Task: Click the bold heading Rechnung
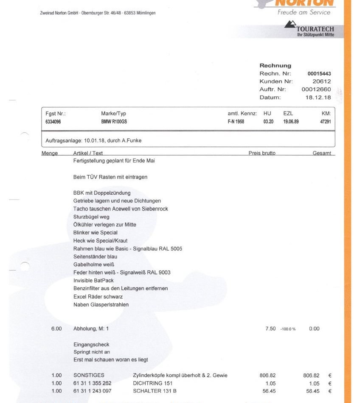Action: click(x=275, y=66)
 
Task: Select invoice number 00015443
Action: click(x=319, y=74)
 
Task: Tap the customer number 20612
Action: click(x=321, y=81)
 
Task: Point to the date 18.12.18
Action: click(x=318, y=98)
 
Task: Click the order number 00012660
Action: click(x=316, y=90)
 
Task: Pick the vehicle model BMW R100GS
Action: click(x=114, y=122)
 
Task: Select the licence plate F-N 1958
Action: click(x=236, y=122)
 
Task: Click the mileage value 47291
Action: click(x=325, y=122)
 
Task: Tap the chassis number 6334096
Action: click(x=53, y=122)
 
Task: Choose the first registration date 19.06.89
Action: click(x=291, y=122)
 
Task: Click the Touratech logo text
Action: click(x=315, y=29)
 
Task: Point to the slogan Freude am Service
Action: click(x=304, y=12)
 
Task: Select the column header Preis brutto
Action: click(x=262, y=153)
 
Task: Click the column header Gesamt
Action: click(x=322, y=153)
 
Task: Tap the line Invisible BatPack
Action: click(x=93, y=280)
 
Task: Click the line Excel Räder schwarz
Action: click(x=98, y=297)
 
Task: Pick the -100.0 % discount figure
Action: click(x=288, y=329)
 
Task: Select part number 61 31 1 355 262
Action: click(x=92, y=383)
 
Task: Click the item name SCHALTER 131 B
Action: click(x=155, y=391)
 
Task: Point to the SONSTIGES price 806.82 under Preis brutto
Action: click(x=267, y=375)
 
